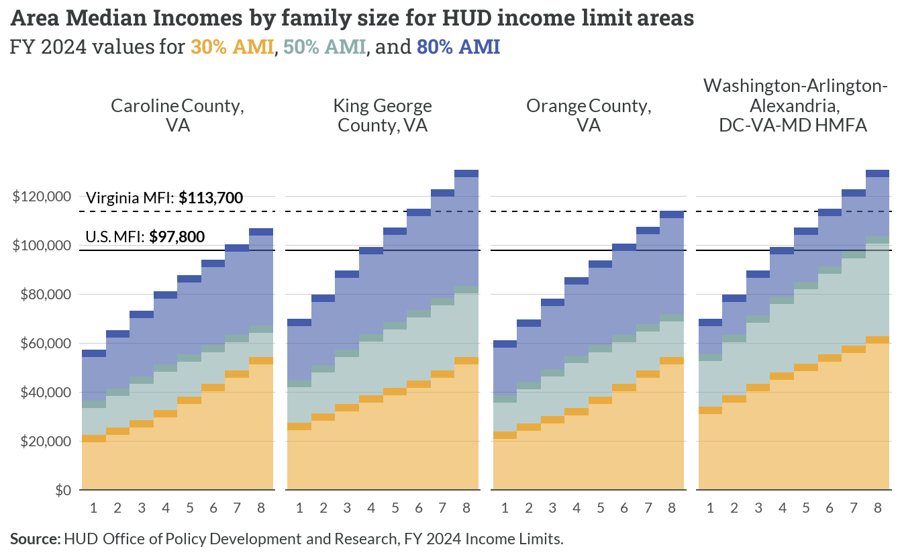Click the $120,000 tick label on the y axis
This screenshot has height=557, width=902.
tap(42, 197)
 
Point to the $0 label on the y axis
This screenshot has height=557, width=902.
tap(63, 490)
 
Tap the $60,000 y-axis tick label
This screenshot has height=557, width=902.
tap(46, 344)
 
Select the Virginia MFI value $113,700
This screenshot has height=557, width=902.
tap(211, 198)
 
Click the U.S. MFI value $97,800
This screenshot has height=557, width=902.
tap(177, 236)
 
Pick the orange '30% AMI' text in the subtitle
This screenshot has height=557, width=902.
tap(232, 46)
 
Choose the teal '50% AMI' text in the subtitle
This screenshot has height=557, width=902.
tap(325, 46)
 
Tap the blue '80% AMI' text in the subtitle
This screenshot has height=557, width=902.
tap(458, 46)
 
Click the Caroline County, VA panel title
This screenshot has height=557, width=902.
tap(178, 115)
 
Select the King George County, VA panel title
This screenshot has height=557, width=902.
tap(383, 115)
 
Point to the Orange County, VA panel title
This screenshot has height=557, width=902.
tap(589, 115)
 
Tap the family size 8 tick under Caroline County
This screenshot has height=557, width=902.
tap(261, 508)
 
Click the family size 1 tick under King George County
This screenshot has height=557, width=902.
tap(299, 508)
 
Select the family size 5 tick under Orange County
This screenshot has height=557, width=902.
tap(601, 508)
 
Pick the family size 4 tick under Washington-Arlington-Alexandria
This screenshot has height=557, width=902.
tap(782, 508)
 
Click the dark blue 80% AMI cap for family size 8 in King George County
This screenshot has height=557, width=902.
tap(466, 174)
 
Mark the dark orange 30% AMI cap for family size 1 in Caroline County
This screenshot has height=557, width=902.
tap(94, 439)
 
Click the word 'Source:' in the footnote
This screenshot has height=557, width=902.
tap(35, 539)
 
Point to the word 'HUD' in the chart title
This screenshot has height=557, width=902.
tap(466, 19)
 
